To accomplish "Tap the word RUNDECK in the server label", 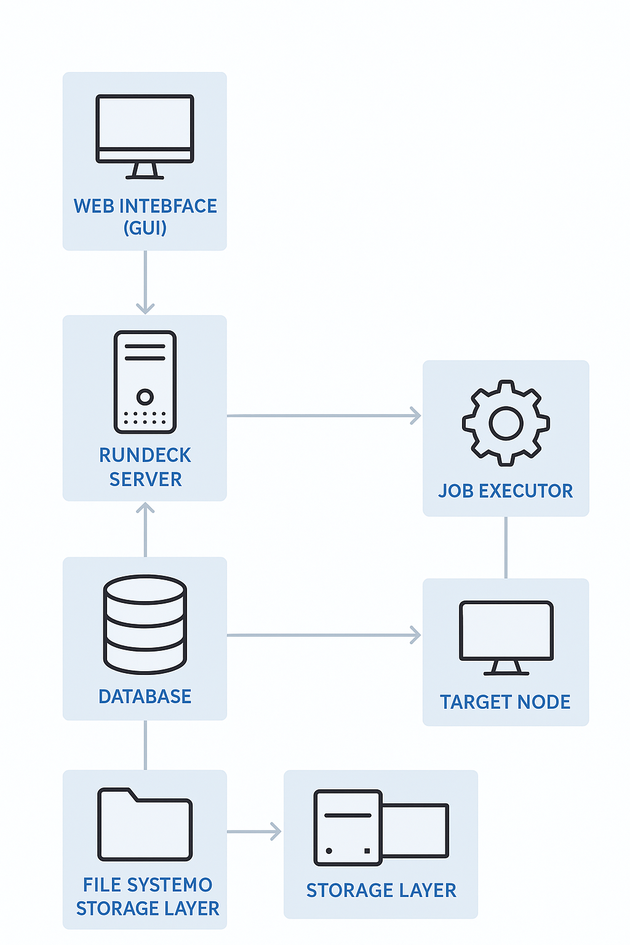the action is (x=145, y=455).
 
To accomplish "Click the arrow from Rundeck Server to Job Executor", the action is (x=324, y=415).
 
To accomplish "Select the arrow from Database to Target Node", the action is (x=324, y=635).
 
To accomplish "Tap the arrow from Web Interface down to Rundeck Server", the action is (x=145, y=282).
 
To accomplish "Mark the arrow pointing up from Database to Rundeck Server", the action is (x=145, y=530).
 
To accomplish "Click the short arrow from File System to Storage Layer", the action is (x=254, y=832).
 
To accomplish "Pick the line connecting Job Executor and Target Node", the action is (x=506, y=548).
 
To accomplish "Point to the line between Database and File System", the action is (x=145, y=745).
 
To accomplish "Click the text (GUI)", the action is (x=145, y=228).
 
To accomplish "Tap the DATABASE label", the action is (x=145, y=696).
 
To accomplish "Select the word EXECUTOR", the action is (x=526, y=491).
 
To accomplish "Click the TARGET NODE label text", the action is (x=505, y=703).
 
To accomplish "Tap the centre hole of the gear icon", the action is (x=506, y=423).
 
